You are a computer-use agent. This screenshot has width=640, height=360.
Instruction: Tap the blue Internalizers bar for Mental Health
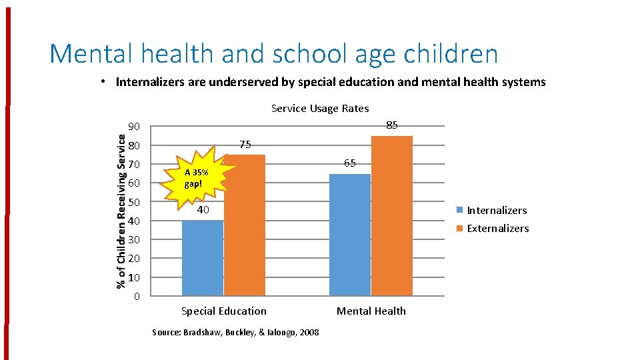click(350, 235)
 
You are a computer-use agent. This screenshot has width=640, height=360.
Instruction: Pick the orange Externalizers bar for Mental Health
click(392, 215)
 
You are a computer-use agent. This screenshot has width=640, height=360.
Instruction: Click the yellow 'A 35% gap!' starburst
click(197, 177)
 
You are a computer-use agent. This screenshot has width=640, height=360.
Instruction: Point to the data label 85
click(392, 125)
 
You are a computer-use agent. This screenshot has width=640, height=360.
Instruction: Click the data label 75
click(245, 144)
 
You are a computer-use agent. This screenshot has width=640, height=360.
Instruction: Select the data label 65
click(350, 163)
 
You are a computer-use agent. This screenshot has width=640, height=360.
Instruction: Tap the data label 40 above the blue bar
click(203, 210)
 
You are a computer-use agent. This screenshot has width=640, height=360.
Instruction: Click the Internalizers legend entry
click(496, 210)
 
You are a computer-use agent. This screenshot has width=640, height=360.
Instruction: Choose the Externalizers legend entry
click(497, 228)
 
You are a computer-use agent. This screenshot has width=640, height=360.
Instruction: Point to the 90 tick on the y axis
click(134, 127)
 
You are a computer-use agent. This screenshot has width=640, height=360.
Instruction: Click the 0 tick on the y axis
click(137, 296)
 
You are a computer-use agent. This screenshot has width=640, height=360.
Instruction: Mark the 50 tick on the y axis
click(134, 202)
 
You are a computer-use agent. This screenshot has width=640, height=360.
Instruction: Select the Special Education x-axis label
click(224, 311)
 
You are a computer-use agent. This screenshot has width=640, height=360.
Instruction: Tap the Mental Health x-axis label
click(371, 311)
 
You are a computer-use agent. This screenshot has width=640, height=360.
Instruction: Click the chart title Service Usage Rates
click(320, 108)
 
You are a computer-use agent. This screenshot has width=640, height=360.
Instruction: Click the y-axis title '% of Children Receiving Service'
click(121, 211)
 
